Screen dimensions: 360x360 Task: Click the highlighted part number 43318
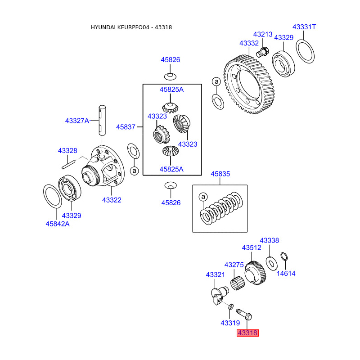pyautogui.click(x=247, y=333)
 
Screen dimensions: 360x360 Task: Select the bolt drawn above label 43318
pyautogui.click(x=244, y=314)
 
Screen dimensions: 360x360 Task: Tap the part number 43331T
pyautogui.click(x=304, y=27)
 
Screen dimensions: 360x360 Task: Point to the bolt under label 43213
pyautogui.click(x=262, y=52)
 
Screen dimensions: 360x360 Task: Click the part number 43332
pyautogui.click(x=249, y=43)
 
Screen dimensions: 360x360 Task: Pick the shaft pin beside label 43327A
pyautogui.click(x=102, y=120)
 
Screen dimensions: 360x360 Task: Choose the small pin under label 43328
pyautogui.click(x=68, y=165)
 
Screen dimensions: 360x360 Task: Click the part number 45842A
pyautogui.click(x=58, y=224)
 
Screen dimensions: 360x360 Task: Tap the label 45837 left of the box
pyautogui.click(x=126, y=127)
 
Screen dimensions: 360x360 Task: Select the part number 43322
pyautogui.click(x=112, y=200)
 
